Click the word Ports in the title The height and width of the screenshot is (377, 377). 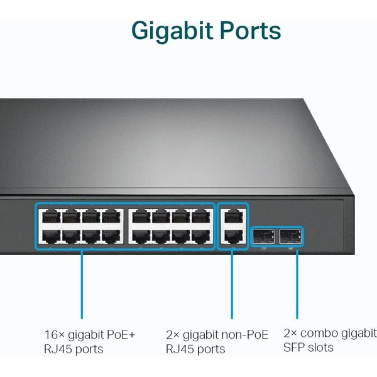click(x=248, y=30)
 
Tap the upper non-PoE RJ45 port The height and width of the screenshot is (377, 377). click(x=232, y=217)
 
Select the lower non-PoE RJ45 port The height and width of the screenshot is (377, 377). click(x=232, y=237)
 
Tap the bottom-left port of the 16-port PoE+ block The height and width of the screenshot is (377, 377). click(x=50, y=237)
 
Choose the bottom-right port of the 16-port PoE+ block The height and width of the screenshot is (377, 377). click(x=201, y=237)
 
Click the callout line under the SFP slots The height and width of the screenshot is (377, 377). click(x=296, y=283)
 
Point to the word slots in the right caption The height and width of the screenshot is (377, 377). click(x=320, y=347)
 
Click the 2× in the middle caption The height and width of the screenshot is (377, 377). click(x=173, y=334)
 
